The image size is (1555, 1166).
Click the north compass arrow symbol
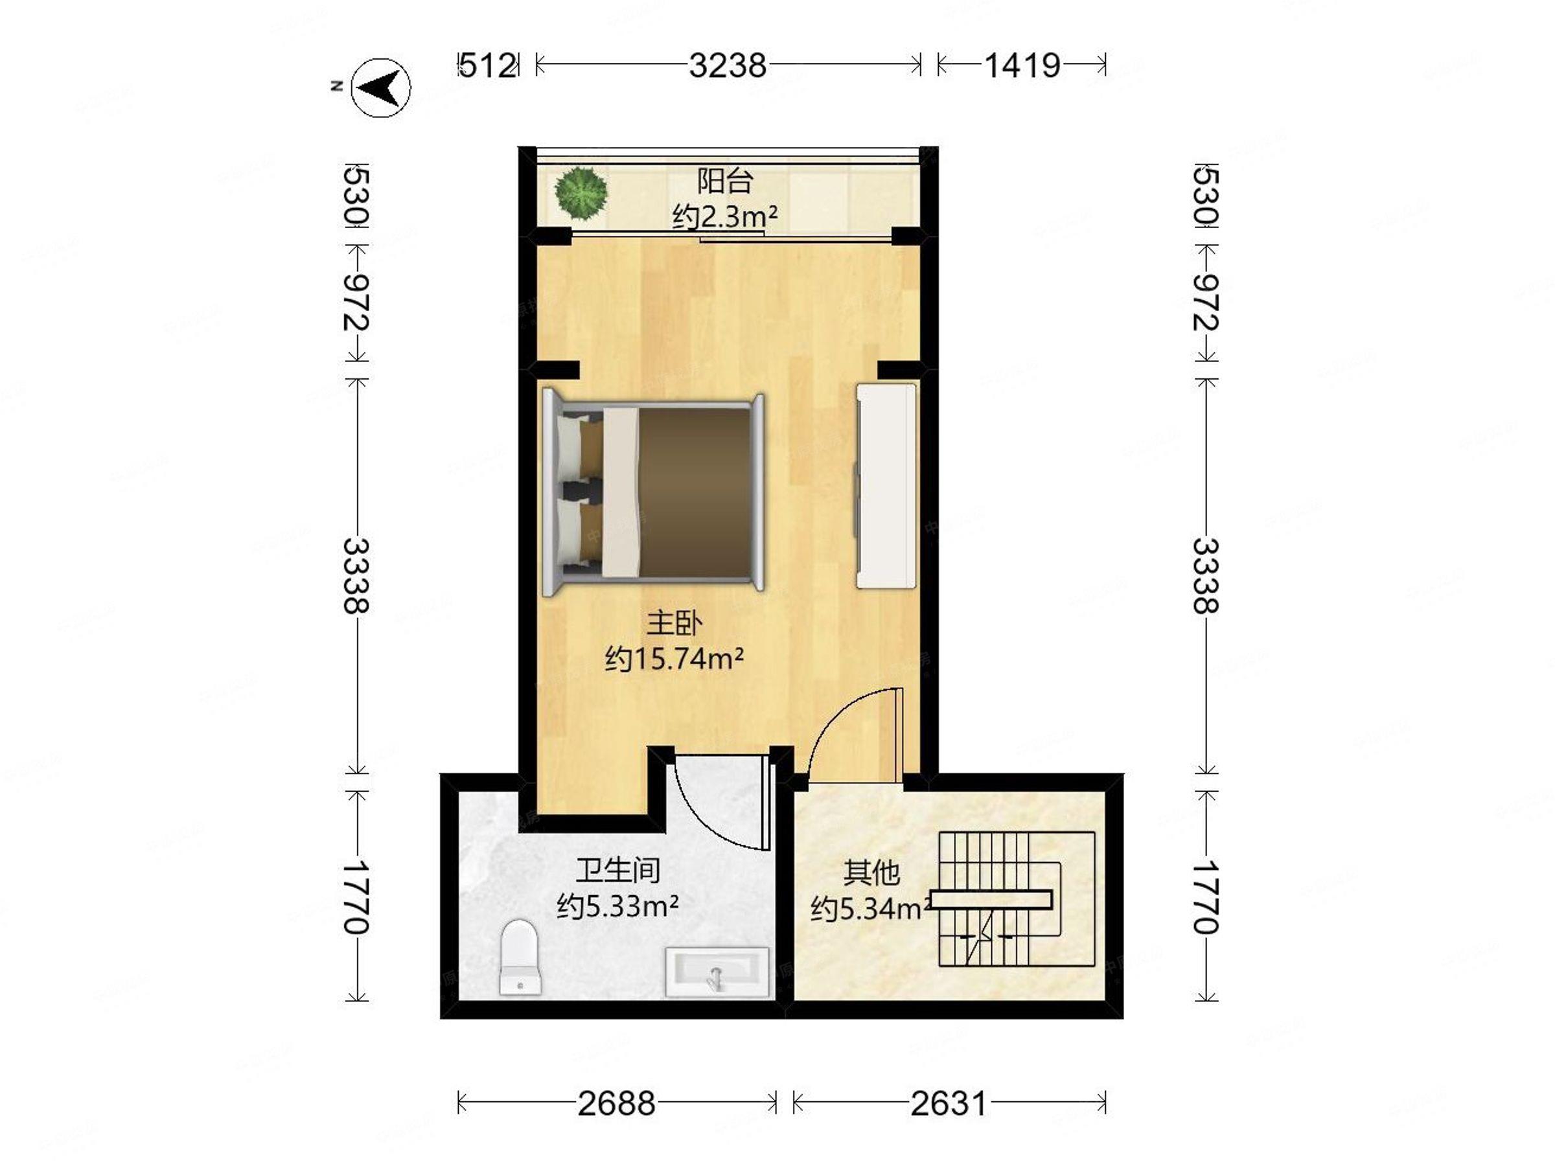click(380, 87)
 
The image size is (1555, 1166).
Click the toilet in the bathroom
click(520, 957)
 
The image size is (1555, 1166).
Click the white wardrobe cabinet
click(886, 486)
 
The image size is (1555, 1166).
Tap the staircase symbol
click(1017, 899)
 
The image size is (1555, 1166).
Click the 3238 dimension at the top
click(727, 65)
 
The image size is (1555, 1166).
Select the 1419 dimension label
click(1021, 65)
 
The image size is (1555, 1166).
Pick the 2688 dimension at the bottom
click(617, 1103)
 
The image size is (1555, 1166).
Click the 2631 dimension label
click(949, 1103)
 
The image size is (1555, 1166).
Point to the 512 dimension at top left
click(487, 65)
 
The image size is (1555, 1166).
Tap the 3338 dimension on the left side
click(356, 576)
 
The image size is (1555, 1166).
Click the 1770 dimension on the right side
click(1206, 896)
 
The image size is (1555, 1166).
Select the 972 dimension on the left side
click(356, 303)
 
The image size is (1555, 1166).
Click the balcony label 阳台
click(725, 181)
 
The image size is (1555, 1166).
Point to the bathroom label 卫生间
click(618, 870)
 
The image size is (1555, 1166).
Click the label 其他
click(871, 873)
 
